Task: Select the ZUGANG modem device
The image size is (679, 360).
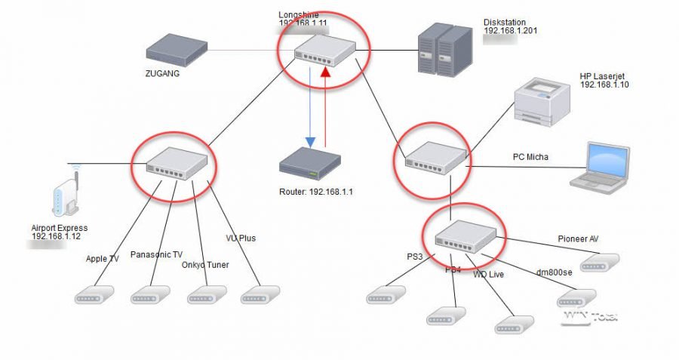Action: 177,51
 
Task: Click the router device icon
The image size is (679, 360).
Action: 309,165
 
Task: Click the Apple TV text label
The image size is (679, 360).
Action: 103,259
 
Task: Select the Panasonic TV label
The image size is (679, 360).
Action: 156,254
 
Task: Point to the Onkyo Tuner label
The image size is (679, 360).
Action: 204,264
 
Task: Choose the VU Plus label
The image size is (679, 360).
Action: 241,238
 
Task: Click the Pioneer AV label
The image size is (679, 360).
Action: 578,239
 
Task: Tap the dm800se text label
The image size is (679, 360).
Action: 552,272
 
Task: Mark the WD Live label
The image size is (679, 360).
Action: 489,274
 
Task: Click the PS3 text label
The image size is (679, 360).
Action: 415,257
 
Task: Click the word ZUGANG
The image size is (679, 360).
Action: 164,74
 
